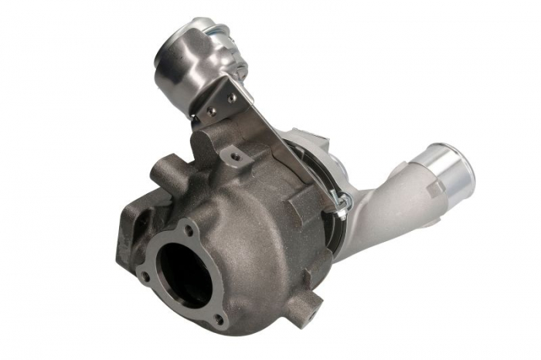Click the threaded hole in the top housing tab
230,157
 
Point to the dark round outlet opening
184,270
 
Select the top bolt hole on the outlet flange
189,229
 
